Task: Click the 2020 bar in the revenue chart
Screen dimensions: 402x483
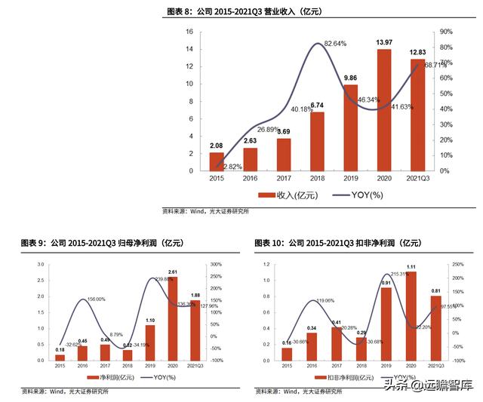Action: click(x=384, y=110)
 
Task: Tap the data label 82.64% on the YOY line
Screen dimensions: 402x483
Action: click(x=335, y=44)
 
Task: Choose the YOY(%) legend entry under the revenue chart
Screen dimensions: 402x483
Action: click(x=344, y=195)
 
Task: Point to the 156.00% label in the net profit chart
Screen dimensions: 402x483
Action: click(x=95, y=299)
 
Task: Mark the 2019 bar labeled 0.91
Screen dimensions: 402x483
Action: click(x=387, y=324)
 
